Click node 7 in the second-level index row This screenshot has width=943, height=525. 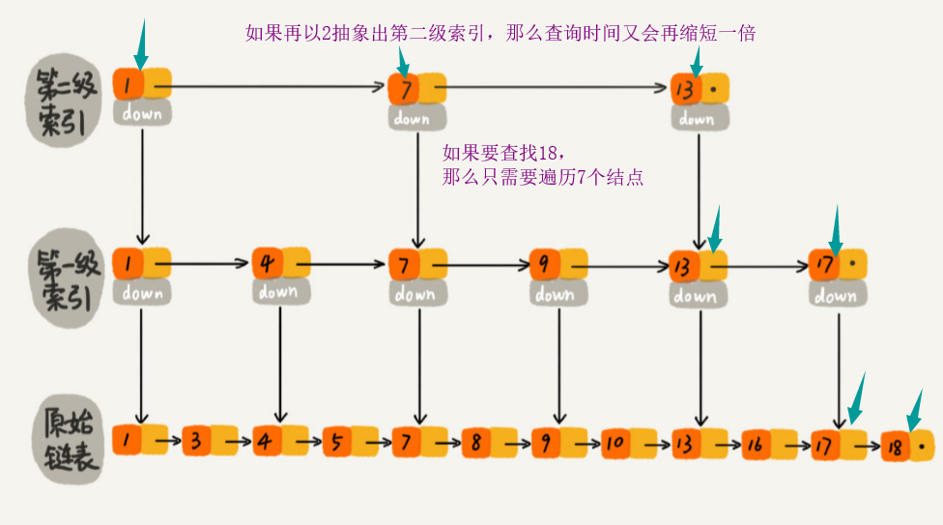click(403, 90)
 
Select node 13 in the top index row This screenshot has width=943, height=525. click(686, 89)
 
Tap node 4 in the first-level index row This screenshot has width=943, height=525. click(267, 263)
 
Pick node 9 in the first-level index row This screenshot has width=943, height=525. click(544, 263)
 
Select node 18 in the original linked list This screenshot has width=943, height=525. click(896, 446)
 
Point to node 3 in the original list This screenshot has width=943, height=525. click(196, 441)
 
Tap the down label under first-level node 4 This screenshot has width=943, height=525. click(277, 290)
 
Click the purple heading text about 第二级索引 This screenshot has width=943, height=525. click(500, 33)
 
